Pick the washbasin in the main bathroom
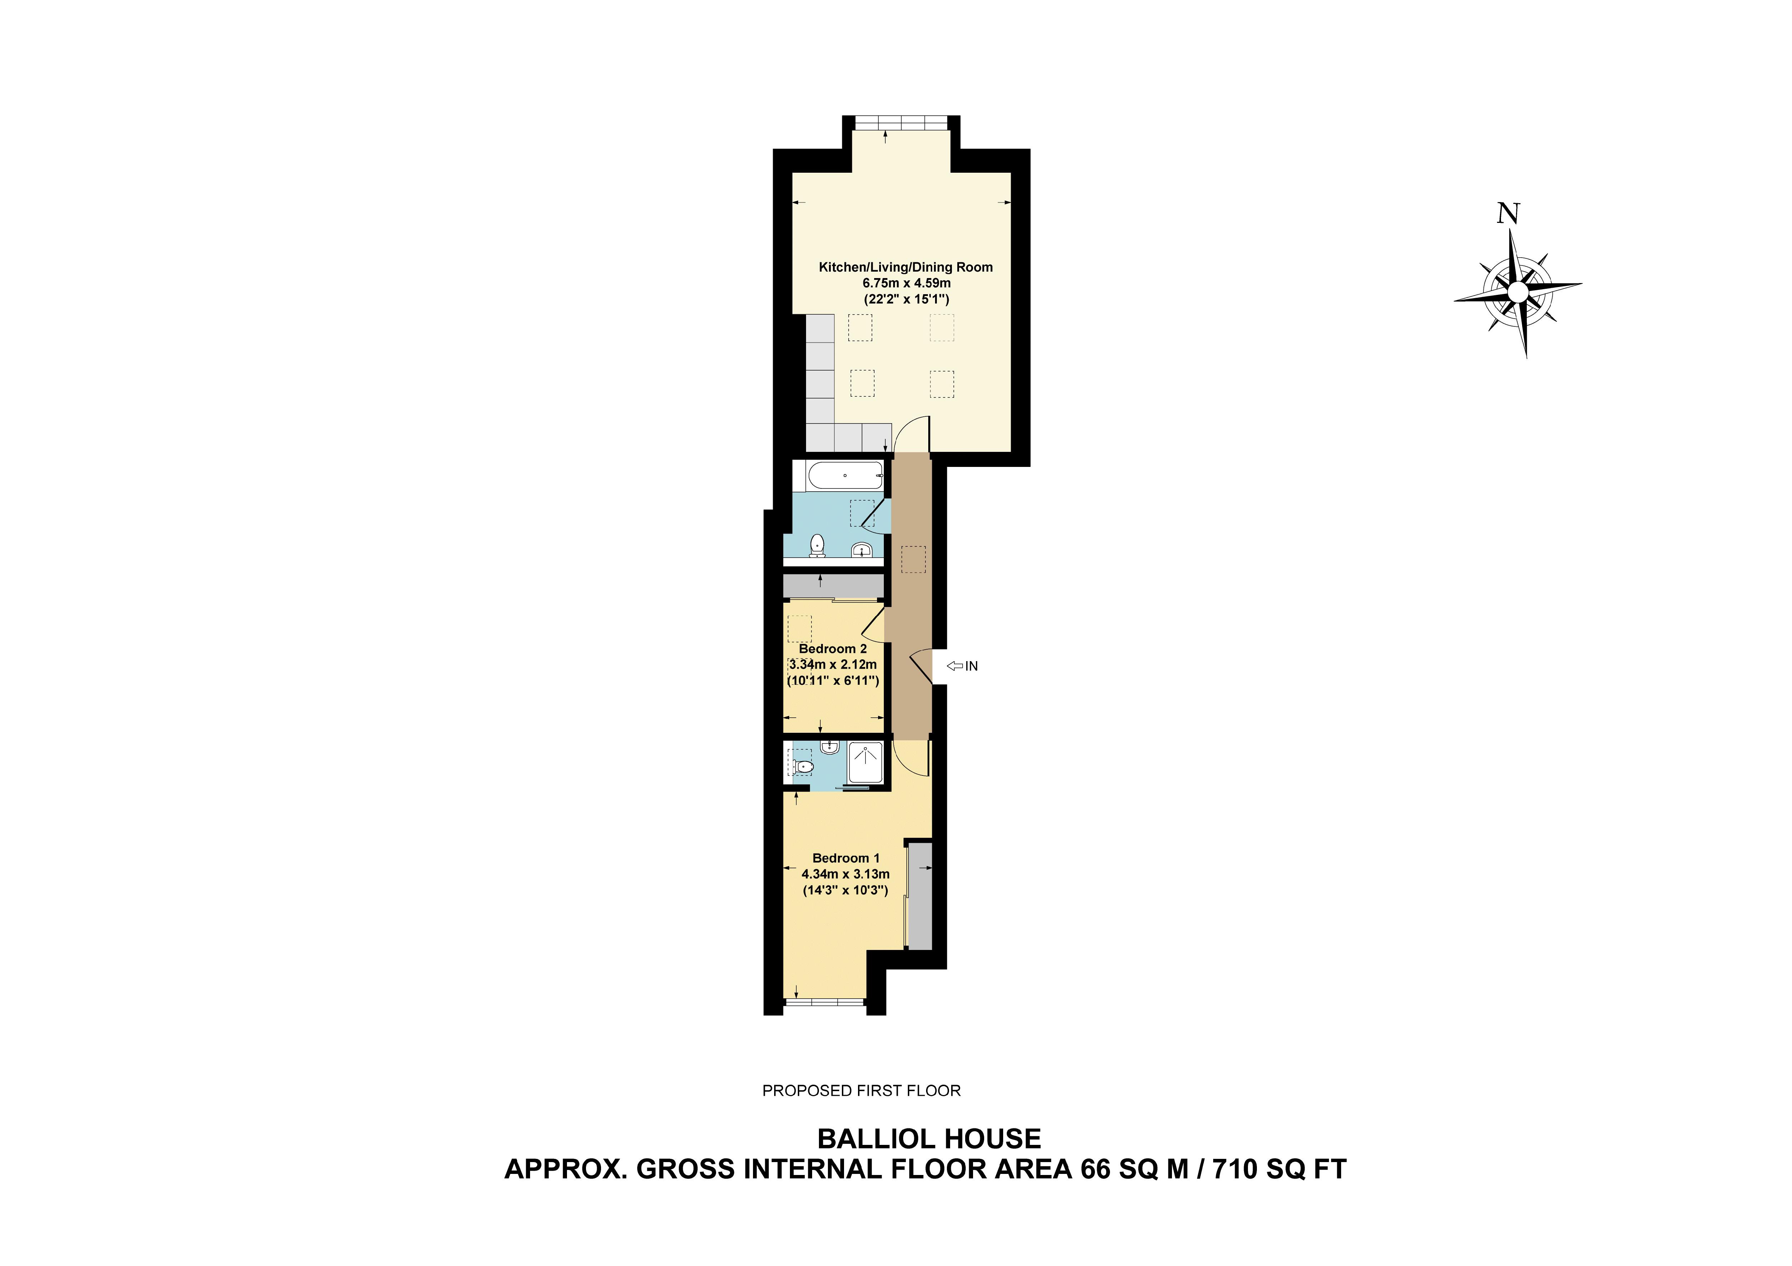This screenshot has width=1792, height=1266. tap(862, 550)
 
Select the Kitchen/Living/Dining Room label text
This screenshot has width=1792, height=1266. tap(905, 267)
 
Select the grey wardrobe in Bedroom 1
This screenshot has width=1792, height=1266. tap(920, 896)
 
